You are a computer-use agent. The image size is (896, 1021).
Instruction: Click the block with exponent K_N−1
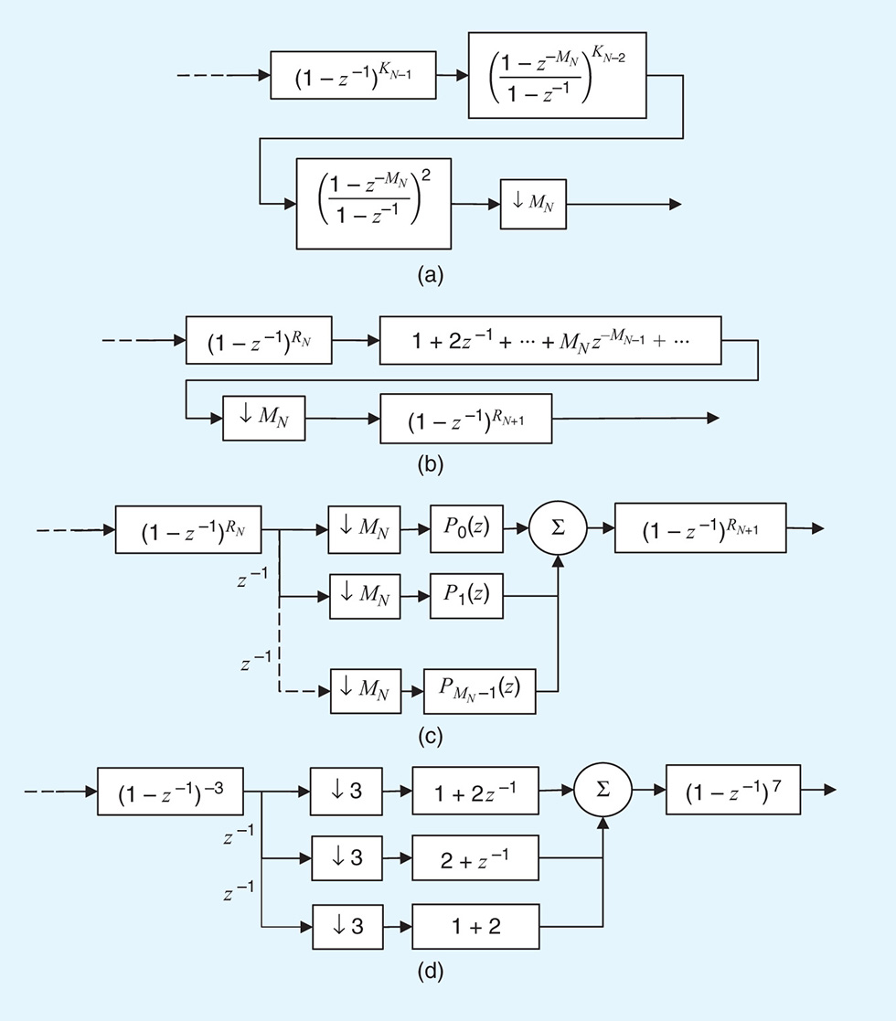[x=353, y=76]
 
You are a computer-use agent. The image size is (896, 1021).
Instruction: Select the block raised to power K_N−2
[x=564, y=75]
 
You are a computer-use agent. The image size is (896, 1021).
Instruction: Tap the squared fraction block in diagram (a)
[x=374, y=203]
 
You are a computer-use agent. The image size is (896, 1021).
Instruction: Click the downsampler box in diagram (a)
[x=532, y=203]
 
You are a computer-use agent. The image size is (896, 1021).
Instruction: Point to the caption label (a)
[x=429, y=275]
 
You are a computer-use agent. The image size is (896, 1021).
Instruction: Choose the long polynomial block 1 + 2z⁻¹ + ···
[x=550, y=340]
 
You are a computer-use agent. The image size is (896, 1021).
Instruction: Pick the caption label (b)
[x=429, y=464]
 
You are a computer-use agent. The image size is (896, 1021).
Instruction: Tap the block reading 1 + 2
[x=475, y=926]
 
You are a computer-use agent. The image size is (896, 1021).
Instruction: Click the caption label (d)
[x=429, y=972]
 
